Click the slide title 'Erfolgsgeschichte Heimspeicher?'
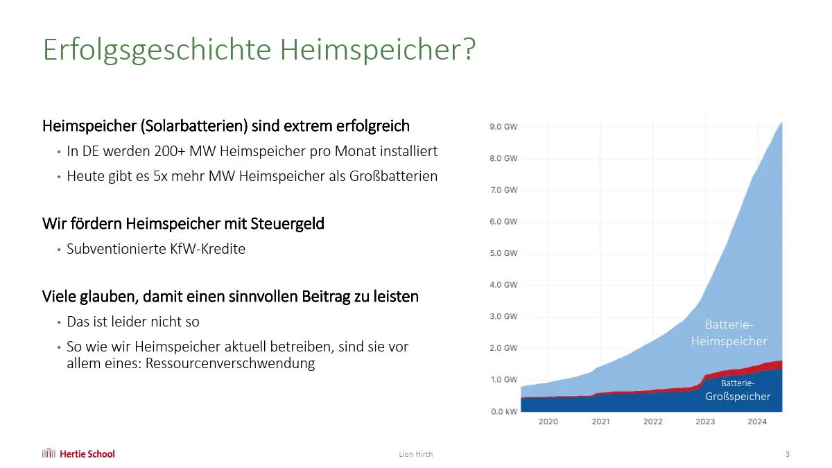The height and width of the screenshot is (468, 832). coord(259,51)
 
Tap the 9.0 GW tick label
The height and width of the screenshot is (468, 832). coord(503,127)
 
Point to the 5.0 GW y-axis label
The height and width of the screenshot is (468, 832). coord(503,253)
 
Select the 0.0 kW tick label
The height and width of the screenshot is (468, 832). coord(503,411)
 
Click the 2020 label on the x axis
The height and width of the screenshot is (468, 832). coord(548,422)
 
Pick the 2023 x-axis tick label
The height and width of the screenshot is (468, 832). coord(705,422)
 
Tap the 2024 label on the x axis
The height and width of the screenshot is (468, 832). coord(757,422)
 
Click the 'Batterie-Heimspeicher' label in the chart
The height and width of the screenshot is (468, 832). coord(729,333)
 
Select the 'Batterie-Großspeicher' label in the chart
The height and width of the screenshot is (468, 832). coord(738,390)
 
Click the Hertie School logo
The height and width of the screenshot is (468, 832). coord(78,454)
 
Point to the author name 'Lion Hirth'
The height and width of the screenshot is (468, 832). coord(416,455)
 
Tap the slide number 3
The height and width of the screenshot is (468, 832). coord(787,455)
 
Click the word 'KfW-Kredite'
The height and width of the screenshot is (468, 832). coord(207,249)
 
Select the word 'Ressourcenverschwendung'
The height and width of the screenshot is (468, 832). coord(230,363)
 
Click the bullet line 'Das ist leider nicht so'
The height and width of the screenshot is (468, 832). coord(133,322)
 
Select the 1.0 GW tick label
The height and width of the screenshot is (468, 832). coord(503,379)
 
